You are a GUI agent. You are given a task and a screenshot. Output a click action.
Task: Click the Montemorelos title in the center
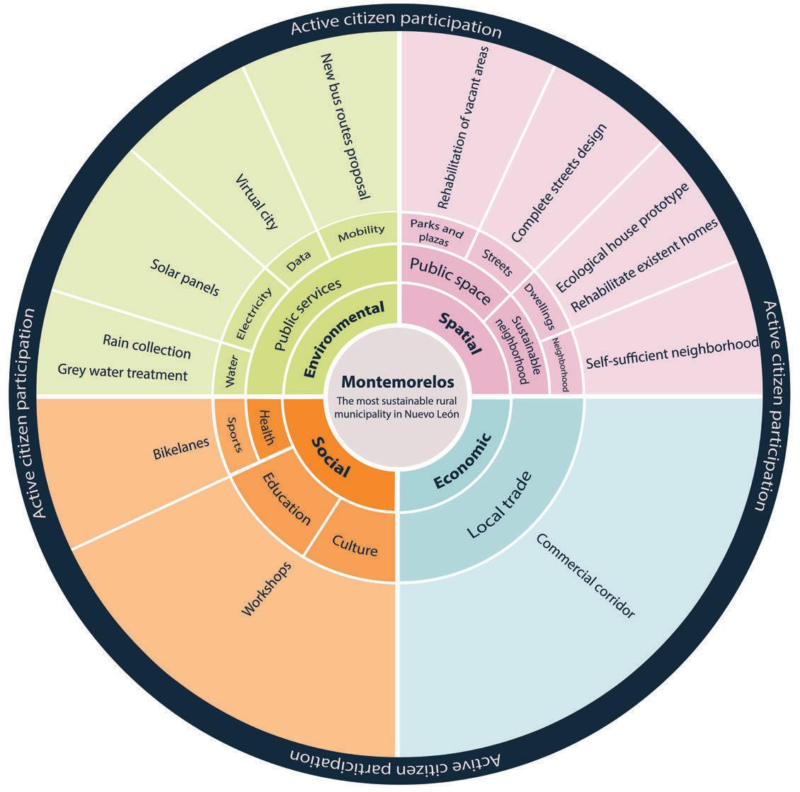(x=397, y=381)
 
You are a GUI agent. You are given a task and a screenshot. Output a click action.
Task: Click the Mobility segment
(x=361, y=230)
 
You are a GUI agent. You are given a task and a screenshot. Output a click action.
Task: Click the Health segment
(x=266, y=427)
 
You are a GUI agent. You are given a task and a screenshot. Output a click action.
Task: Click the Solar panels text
(x=185, y=277)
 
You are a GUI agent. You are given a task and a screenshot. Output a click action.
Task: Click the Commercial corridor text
(x=585, y=575)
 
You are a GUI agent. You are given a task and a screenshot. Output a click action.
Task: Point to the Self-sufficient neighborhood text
(x=673, y=354)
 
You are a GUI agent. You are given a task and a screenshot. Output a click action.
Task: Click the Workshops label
(x=268, y=587)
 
